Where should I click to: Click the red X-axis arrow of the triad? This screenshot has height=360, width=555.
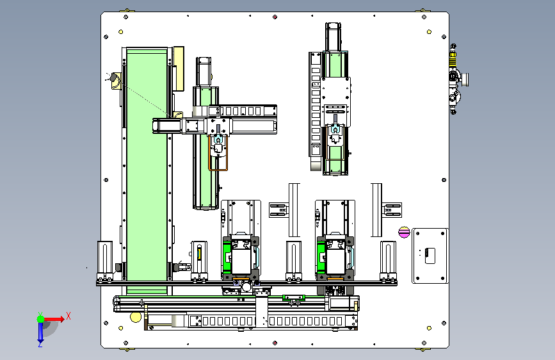[54, 319]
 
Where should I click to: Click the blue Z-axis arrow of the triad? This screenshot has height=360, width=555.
[40, 332]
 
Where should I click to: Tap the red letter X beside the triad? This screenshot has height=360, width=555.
[68, 316]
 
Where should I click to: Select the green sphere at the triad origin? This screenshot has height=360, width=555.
[41, 319]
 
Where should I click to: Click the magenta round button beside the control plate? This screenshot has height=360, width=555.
[404, 233]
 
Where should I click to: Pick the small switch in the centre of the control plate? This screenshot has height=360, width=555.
[430, 256]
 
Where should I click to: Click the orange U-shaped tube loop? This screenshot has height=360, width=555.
[218, 152]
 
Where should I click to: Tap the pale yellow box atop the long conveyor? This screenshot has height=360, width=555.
[179, 69]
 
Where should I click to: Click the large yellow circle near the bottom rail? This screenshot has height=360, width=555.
[136, 317]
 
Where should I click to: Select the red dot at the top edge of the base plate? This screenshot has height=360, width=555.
[275, 17]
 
